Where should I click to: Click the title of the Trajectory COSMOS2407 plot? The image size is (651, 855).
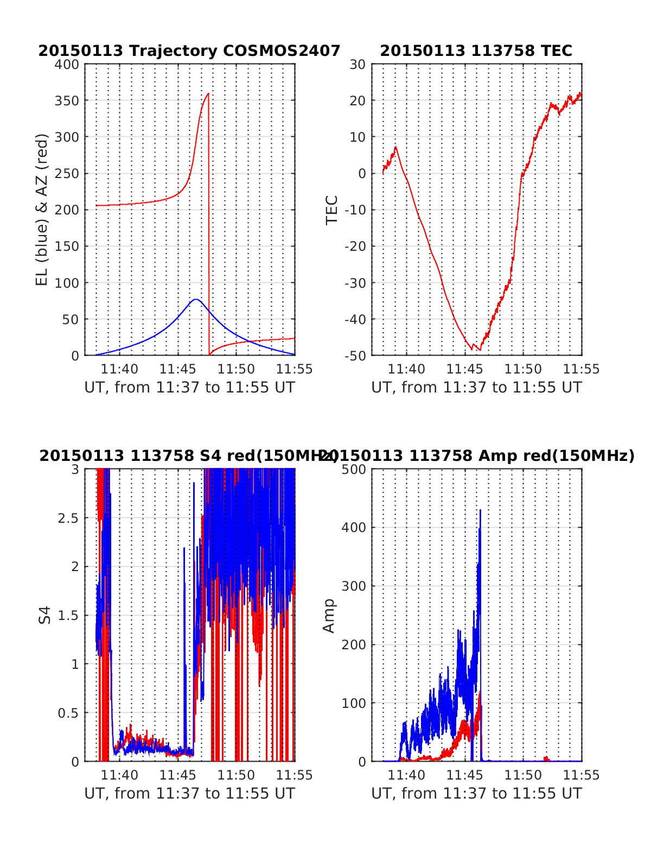[189, 51]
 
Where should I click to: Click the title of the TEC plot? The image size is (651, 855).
[476, 51]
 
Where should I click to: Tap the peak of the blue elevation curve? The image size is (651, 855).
[196, 299]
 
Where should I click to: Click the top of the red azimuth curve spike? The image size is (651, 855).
[208, 94]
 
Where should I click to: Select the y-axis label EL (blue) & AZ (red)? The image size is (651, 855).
[42, 210]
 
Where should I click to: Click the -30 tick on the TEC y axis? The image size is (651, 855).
[356, 283]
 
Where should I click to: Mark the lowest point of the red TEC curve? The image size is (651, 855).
[480, 350]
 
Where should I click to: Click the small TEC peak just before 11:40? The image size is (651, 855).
[395, 147]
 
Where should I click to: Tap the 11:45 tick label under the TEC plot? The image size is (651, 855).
[464, 370]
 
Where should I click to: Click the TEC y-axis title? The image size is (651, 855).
[331, 210]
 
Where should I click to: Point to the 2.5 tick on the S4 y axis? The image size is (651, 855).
[68, 518]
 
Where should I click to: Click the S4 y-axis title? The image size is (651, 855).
[46, 615]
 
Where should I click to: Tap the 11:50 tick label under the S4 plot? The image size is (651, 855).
[236, 775]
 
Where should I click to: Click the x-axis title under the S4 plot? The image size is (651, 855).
[189, 794]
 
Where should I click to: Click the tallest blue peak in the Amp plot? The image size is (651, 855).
[480, 510]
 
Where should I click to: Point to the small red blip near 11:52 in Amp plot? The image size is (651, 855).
[546, 758]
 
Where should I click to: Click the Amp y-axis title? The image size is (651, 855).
[329, 615]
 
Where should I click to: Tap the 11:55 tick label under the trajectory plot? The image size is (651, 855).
[295, 370]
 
